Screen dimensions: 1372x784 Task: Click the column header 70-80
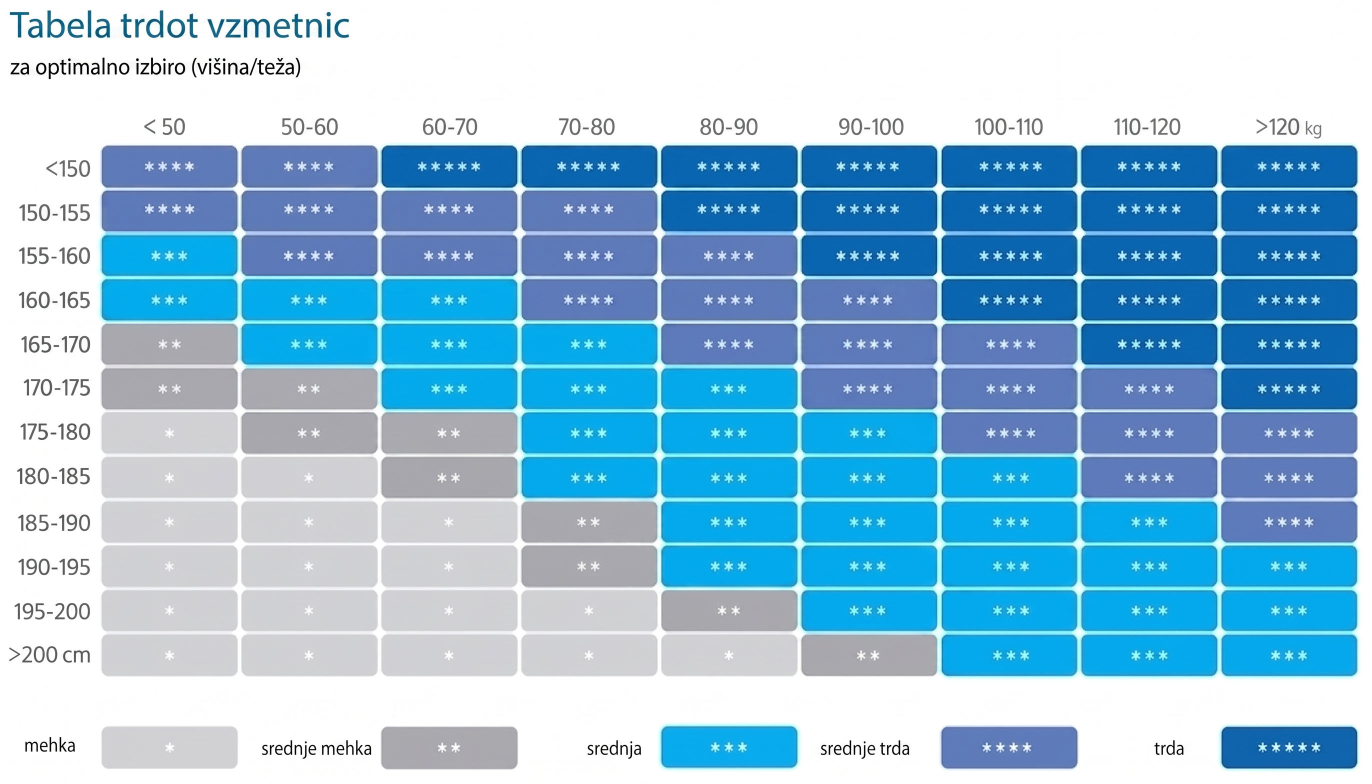[586, 127]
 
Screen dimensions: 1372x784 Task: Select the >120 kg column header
[1288, 127]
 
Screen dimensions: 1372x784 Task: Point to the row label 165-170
[55, 344]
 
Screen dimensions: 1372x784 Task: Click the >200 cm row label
[49, 655]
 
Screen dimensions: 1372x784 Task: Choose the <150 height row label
[68, 169]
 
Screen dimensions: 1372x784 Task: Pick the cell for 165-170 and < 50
[169, 344]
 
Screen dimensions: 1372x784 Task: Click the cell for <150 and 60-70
[449, 167]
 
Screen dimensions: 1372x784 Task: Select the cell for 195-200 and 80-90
[729, 610]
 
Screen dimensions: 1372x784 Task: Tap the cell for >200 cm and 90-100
[869, 655]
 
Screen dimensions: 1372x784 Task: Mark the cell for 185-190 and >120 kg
[1289, 522]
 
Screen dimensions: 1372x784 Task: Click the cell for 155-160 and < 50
[169, 256]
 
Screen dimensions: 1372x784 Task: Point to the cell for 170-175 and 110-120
[1149, 389]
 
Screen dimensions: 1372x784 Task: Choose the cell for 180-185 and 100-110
[1009, 477]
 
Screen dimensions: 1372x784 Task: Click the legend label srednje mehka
[316, 748]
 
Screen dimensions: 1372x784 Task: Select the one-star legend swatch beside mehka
[169, 747]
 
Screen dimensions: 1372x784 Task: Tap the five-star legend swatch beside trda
[1289, 747]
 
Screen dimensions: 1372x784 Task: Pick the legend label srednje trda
[865, 748]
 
